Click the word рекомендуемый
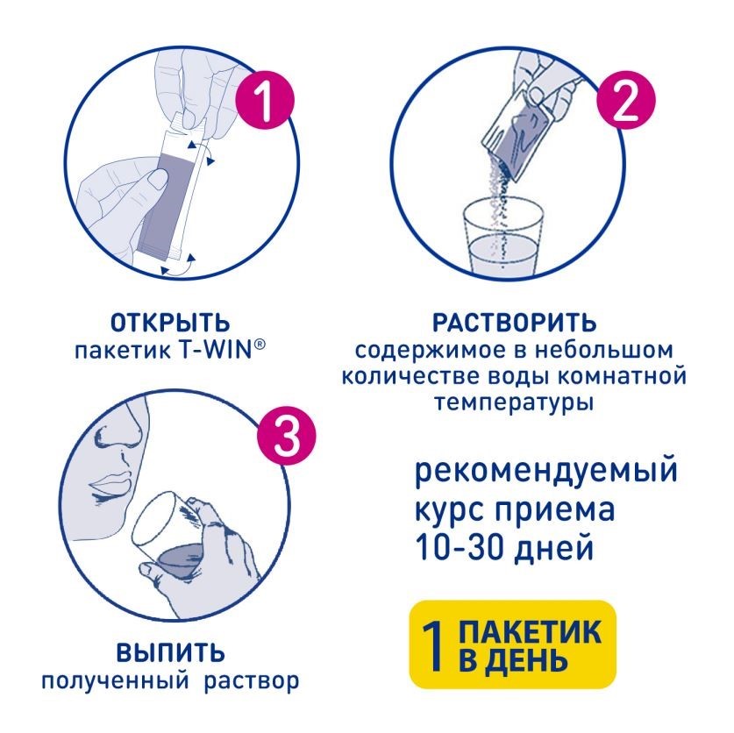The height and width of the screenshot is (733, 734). pos(545,471)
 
